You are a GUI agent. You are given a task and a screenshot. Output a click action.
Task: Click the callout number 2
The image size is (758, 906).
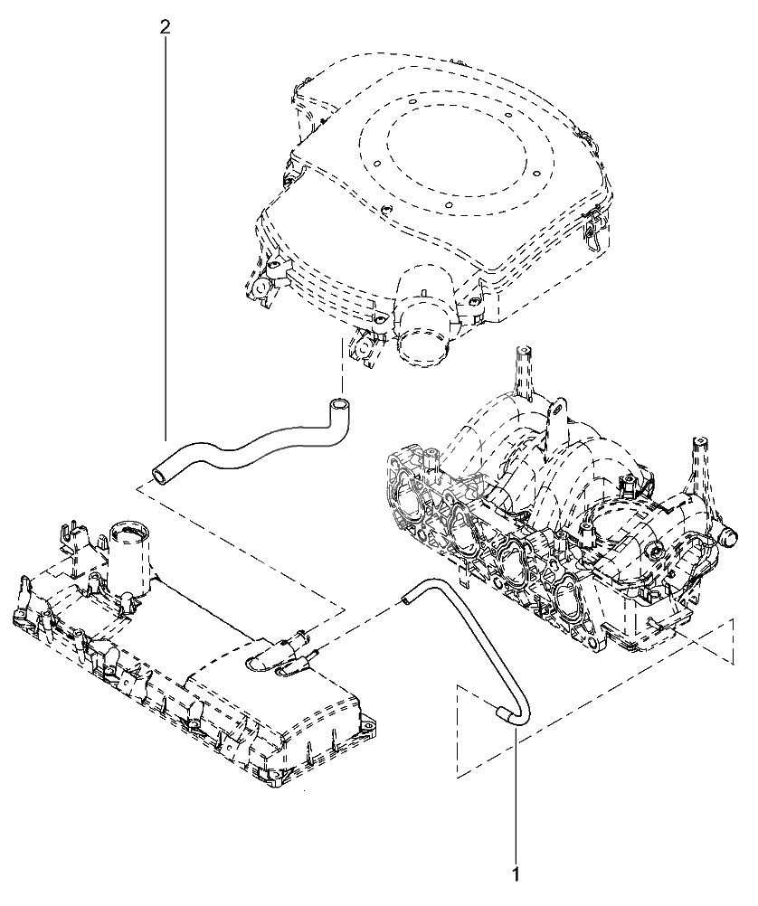pos(165,28)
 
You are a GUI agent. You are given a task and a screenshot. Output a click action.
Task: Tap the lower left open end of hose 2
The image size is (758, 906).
pos(158,475)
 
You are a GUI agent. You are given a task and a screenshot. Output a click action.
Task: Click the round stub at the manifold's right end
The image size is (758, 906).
pos(727,537)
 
